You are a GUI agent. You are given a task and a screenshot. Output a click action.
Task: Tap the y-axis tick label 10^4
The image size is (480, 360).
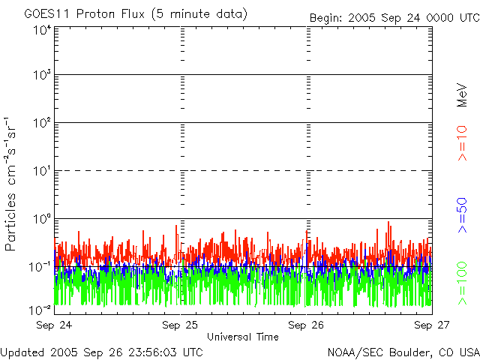click(x=42, y=30)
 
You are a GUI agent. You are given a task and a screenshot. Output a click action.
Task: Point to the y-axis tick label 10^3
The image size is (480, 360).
click(x=42, y=75)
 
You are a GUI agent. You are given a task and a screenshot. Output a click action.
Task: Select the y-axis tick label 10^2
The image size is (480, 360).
click(x=42, y=123)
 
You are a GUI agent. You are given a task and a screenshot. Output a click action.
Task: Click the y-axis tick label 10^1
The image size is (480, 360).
click(x=42, y=171)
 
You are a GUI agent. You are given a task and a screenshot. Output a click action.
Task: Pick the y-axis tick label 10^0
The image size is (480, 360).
click(x=42, y=218)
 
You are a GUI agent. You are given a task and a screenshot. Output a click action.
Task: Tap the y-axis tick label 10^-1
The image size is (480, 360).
click(x=40, y=266)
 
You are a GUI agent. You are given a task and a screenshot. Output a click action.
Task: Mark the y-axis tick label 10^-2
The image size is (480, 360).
click(x=40, y=309)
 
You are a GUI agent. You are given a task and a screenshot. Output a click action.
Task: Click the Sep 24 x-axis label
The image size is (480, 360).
click(x=55, y=325)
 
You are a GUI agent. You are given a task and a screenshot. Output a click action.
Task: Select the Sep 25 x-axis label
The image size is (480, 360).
click(x=180, y=325)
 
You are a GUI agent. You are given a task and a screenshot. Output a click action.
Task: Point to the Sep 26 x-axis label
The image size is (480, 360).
click(x=306, y=325)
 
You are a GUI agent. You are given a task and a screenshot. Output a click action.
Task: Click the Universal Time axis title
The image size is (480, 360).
click(x=242, y=337)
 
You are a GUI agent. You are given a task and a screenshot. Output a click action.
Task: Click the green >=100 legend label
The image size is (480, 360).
click(x=463, y=281)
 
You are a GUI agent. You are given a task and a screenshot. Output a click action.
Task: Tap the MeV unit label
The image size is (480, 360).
click(x=463, y=95)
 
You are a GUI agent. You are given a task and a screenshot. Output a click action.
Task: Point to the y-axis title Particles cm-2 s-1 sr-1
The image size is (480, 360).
click(x=13, y=184)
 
